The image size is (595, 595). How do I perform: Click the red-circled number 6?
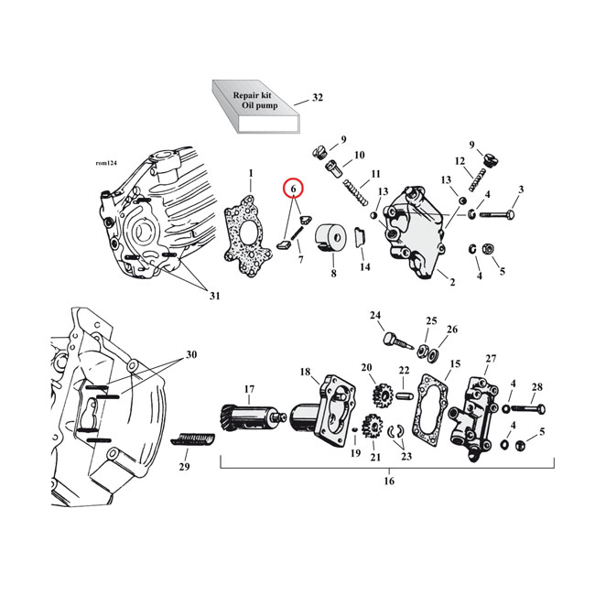coord(294,189)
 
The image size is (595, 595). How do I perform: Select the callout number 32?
coord(317,97)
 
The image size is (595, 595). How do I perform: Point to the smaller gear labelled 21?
coord(372,426)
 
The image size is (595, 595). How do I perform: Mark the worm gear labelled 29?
coord(193,444)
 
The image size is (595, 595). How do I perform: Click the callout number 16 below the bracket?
coord(387,481)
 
